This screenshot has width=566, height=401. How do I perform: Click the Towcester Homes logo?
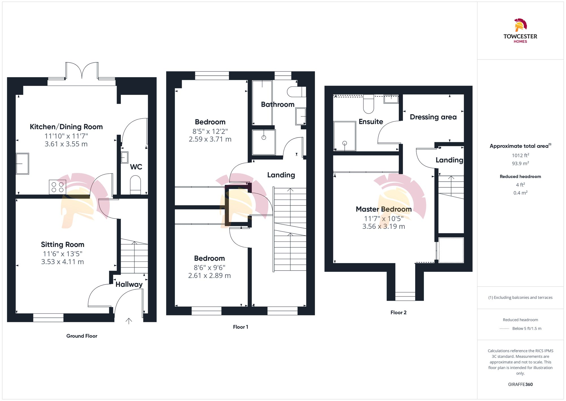[520, 31]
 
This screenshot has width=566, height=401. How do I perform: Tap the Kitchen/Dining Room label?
[66, 127]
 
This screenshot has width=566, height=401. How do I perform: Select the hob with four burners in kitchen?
[57, 187]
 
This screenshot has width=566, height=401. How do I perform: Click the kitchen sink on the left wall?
[22, 164]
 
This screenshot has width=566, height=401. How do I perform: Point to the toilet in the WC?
[135, 184]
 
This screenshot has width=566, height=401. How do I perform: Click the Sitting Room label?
[63, 244]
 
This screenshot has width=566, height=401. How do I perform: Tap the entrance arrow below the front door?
[129, 321]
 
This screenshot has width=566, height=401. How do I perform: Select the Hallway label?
[129, 284]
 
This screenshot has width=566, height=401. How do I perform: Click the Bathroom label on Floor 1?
[278, 104]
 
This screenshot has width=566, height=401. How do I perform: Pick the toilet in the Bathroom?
[296, 92]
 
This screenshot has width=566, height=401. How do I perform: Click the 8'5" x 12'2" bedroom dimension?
[210, 131]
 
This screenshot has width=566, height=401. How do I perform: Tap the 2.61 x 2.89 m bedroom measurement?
[209, 275]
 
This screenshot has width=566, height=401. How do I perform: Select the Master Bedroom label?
[383, 209]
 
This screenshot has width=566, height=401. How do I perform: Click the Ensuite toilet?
[368, 105]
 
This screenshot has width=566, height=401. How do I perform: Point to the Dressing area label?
[433, 117]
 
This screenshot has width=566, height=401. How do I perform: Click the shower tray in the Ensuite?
[344, 136]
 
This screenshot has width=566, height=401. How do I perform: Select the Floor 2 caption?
[398, 312]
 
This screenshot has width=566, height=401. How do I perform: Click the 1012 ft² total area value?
[520, 155]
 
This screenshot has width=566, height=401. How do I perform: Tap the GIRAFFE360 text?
[520, 384]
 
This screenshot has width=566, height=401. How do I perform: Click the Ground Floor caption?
[82, 336]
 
